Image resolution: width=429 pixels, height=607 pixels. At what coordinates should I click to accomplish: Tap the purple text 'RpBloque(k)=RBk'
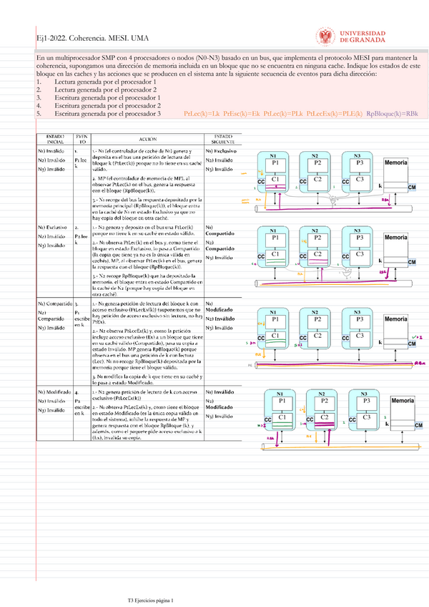(x=392, y=114)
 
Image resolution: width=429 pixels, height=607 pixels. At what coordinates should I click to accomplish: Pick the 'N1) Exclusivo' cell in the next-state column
(x=222, y=152)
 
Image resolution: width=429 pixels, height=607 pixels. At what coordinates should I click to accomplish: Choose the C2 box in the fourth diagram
(x=323, y=417)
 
